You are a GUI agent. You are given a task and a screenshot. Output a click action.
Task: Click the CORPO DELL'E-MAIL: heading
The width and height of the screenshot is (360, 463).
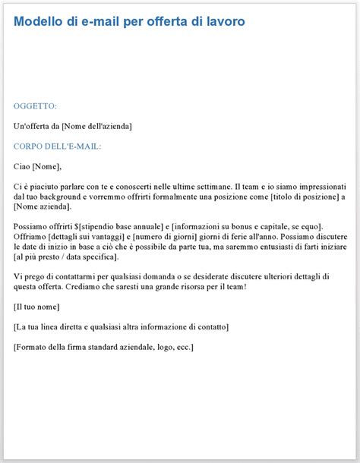click(x=58, y=146)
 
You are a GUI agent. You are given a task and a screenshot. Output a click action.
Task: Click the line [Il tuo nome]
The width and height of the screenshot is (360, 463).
click(x=36, y=307)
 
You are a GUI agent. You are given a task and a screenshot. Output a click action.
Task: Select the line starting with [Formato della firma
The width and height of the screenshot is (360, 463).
click(x=103, y=347)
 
